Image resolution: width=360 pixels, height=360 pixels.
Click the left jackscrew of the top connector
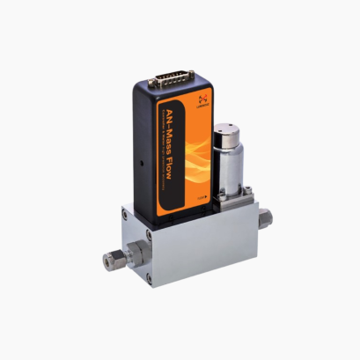tap(151, 84)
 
